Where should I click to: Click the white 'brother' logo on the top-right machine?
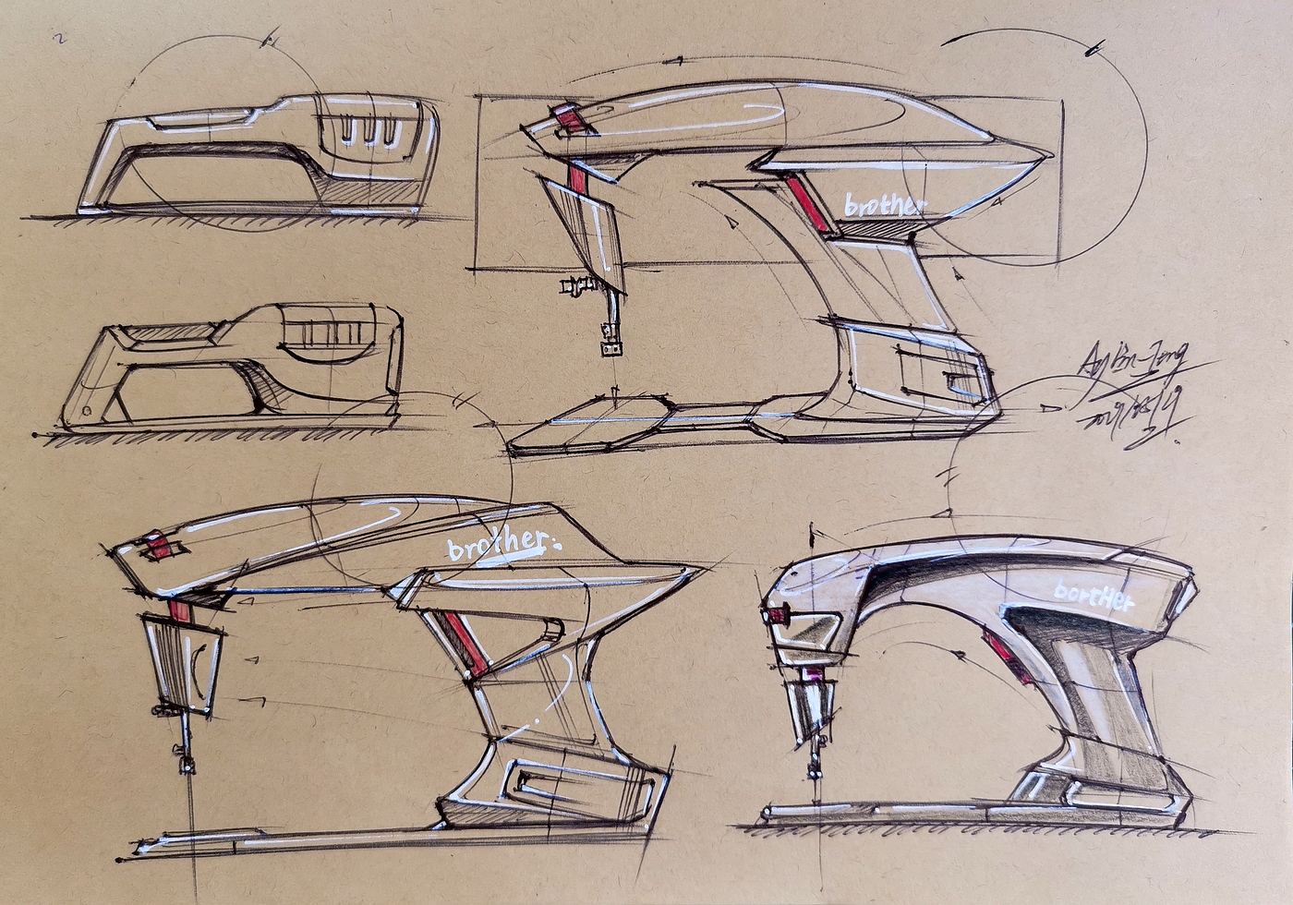[x=882, y=205]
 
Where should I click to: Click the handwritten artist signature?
[x=1134, y=361]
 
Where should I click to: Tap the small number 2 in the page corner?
[x=60, y=39]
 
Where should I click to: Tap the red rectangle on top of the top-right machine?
[x=567, y=118]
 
